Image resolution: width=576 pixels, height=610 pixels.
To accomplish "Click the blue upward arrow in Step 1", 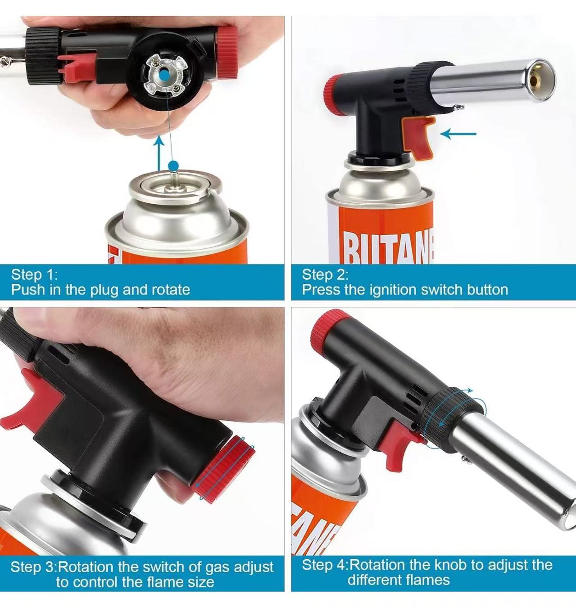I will click(x=159, y=153).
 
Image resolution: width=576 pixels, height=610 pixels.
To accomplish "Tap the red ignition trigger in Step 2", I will click(x=419, y=137).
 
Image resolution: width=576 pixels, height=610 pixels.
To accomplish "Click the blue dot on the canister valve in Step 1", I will click(x=173, y=166).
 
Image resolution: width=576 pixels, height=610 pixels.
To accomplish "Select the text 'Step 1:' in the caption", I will click(x=34, y=274).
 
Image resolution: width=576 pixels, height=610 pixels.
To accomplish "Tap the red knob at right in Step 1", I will click(x=227, y=52).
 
